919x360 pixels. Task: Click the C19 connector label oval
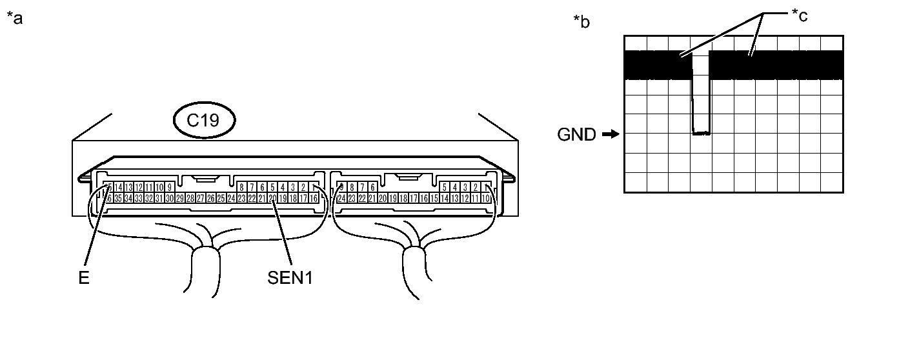coord(204,121)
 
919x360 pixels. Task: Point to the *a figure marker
coord(14,19)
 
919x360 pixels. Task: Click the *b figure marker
coord(581,21)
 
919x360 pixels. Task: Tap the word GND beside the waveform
coord(577,135)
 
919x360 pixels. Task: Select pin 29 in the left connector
coord(180,198)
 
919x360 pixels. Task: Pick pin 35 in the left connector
coord(118,198)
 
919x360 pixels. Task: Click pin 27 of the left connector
coord(201,198)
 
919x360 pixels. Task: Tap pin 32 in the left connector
coord(149,198)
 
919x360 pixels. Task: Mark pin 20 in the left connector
coord(272,198)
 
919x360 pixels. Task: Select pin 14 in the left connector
coord(118,188)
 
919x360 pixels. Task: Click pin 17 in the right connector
coord(414,198)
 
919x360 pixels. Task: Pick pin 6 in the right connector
coord(372,188)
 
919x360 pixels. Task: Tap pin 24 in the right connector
coord(341,198)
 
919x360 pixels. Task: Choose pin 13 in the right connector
coord(455,198)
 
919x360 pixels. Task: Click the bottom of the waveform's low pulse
coord(701,134)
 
